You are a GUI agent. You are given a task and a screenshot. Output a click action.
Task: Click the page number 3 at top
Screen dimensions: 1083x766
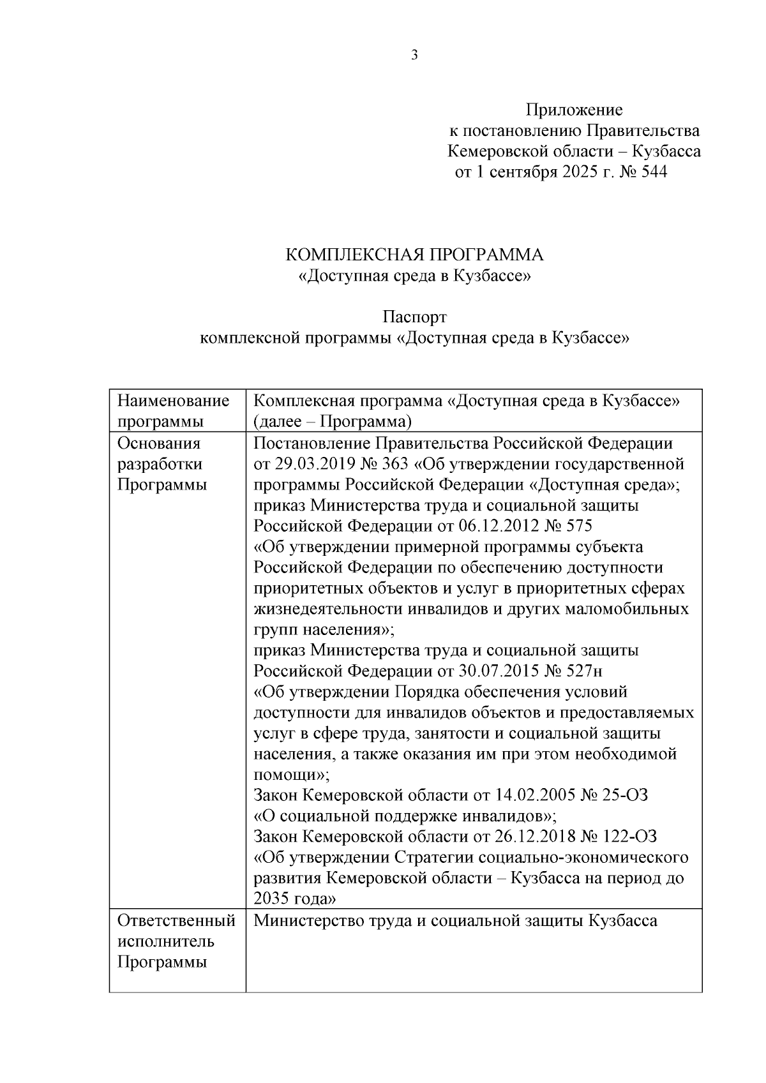tap(414, 56)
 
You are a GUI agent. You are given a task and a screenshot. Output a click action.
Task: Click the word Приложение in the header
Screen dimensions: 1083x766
tap(573, 110)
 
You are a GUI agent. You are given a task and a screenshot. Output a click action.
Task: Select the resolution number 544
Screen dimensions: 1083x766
tap(652, 172)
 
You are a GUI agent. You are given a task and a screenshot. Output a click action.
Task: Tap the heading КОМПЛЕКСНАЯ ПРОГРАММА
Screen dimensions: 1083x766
tap(414, 255)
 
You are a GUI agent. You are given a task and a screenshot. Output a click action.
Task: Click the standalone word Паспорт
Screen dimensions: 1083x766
tap(414, 317)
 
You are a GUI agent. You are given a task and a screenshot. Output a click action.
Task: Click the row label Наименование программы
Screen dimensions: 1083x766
tap(173, 411)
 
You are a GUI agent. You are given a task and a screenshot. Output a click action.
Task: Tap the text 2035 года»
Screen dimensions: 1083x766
tap(295, 899)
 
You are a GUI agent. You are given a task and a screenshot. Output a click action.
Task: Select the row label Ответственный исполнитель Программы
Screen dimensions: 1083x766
tap(176, 941)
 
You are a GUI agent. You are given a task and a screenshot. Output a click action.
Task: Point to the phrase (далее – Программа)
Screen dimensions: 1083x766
tap(332, 422)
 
